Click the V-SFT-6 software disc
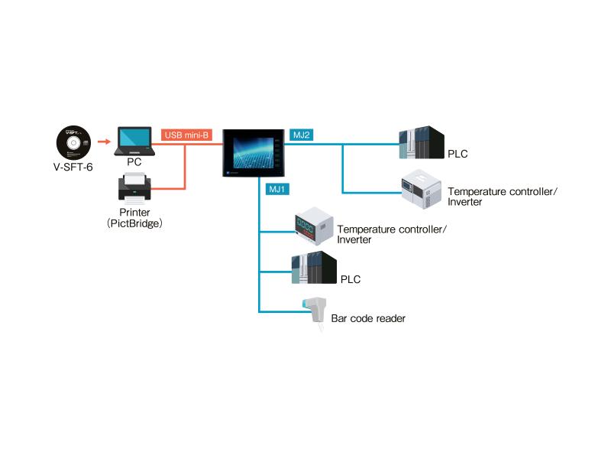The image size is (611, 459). point(73,142)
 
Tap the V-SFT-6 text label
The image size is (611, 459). point(73,167)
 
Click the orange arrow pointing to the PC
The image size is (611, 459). point(104,142)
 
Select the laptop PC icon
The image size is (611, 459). point(134,142)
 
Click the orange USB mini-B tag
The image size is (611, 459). point(186,135)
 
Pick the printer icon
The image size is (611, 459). point(134,188)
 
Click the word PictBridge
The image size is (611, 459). point(134,223)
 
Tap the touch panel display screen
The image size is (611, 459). point(254,153)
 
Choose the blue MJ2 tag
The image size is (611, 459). point(301,135)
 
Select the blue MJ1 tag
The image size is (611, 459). point(277,189)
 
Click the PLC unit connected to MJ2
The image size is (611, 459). point(422,142)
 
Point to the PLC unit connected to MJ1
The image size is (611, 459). point(314,267)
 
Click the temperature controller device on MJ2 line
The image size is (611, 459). point(422,189)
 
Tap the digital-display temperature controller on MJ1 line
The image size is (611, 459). point(314,226)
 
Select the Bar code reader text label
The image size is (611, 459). point(368,318)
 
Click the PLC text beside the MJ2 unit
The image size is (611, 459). point(457,154)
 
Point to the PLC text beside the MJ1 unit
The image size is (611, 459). point(351,279)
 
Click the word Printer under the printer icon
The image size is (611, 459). point(134,213)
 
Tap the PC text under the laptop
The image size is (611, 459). point(134,162)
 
